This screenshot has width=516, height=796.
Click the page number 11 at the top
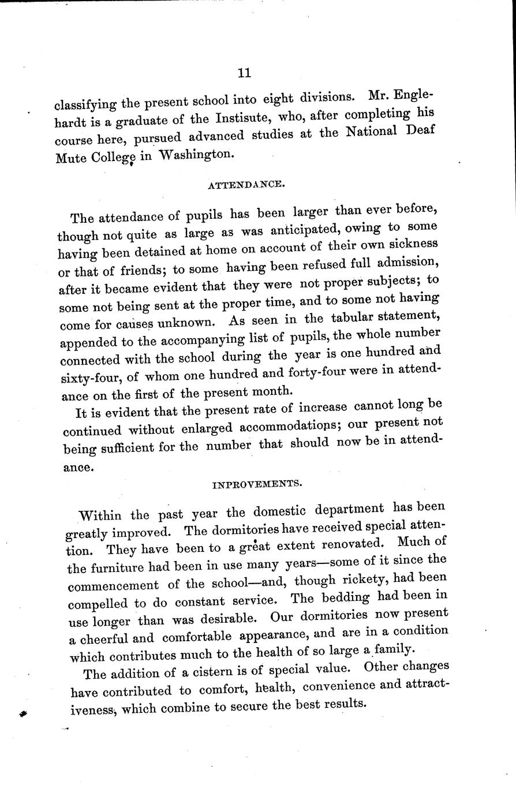244,73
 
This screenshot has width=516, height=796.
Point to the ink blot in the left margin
23,714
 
